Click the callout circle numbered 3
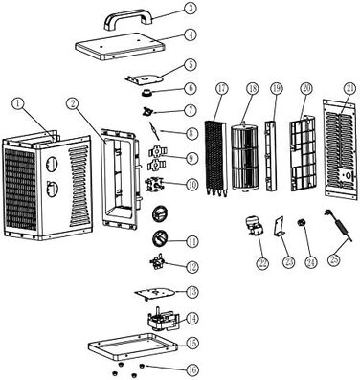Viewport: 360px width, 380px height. [x=191, y=8]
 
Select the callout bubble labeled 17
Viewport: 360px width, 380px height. [x=222, y=89]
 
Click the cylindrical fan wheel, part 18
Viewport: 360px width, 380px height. [x=244, y=157]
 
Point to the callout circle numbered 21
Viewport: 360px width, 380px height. [x=349, y=89]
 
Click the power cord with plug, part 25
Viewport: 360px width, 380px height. [x=338, y=226]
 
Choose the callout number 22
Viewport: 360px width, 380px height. [x=262, y=263]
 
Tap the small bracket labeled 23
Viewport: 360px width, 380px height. [x=280, y=227]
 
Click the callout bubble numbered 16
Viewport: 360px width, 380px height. [x=191, y=370]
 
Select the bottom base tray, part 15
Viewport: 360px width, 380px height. [x=132, y=346]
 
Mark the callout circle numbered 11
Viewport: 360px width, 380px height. [x=191, y=241]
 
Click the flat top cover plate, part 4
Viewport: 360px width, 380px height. [x=120, y=46]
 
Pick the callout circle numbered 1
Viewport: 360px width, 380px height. [x=18, y=103]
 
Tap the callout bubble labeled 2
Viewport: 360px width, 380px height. [x=73, y=103]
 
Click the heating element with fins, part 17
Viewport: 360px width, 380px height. [x=215, y=158]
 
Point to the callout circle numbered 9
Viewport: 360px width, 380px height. [x=191, y=158]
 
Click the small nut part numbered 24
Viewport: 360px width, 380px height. [x=301, y=223]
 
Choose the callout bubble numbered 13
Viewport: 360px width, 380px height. [x=191, y=292]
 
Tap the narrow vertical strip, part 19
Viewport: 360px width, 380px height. [x=271, y=156]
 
